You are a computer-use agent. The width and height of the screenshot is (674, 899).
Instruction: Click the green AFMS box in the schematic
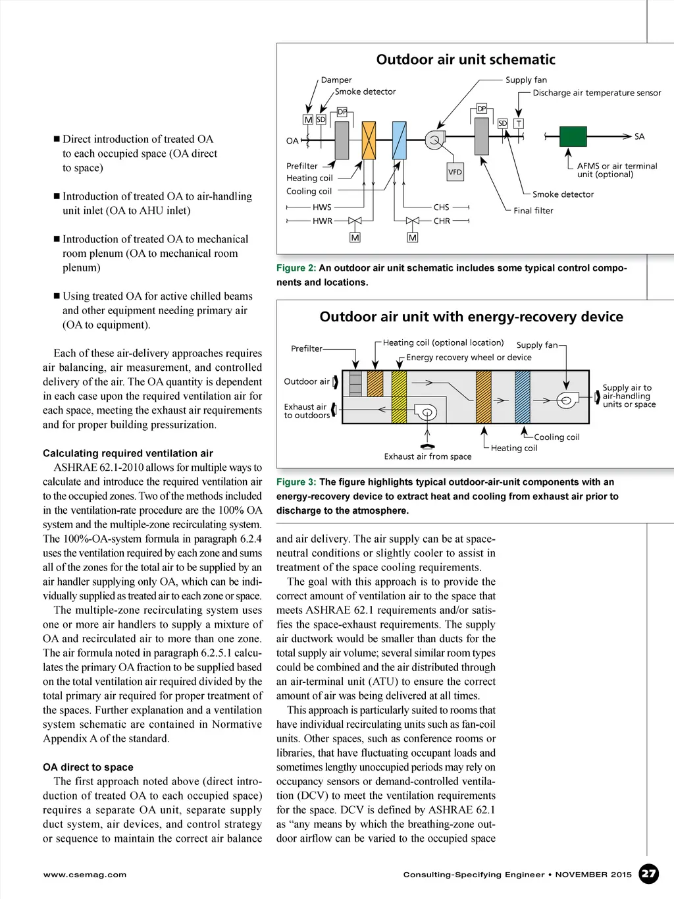(x=573, y=136)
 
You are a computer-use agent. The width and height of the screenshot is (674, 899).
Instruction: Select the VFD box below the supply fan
(x=455, y=172)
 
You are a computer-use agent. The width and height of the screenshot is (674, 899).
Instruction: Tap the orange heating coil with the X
(x=369, y=140)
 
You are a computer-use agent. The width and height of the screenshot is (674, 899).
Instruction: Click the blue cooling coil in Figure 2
(x=398, y=140)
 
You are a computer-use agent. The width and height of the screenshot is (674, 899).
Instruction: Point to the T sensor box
(x=519, y=124)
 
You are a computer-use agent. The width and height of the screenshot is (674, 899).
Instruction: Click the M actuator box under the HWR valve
(x=355, y=237)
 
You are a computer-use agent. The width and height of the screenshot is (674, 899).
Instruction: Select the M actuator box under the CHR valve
(x=413, y=237)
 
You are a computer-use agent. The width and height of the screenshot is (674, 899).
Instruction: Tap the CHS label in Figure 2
(x=441, y=207)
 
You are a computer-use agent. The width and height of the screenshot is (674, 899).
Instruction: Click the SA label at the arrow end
(x=639, y=136)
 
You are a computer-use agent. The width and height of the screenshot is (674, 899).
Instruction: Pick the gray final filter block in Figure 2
(x=482, y=136)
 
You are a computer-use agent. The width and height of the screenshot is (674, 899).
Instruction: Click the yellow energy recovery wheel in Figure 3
(x=399, y=396)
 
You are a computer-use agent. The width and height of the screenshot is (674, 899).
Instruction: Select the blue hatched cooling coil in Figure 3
(x=523, y=396)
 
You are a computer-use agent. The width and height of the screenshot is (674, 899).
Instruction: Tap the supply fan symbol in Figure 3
(x=566, y=400)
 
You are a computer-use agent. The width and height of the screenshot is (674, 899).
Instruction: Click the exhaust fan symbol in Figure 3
(x=427, y=413)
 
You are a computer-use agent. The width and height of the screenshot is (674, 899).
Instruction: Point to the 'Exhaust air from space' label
(x=428, y=456)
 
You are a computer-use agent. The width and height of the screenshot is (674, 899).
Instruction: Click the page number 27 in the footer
(x=649, y=874)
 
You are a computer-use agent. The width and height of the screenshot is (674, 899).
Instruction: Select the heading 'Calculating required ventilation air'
(x=128, y=453)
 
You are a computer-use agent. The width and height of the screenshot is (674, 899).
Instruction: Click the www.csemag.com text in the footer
(x=85, y=875)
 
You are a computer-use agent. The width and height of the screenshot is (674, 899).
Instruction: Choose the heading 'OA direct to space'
(x=88, y=767)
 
